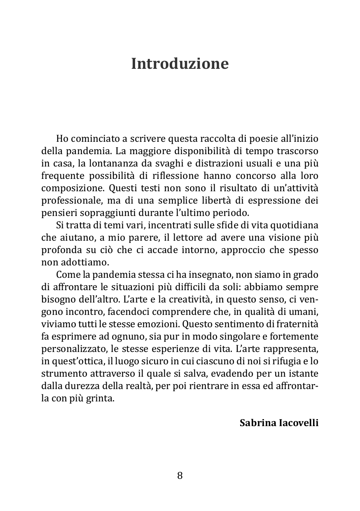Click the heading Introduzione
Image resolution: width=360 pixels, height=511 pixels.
(x=180, y=64)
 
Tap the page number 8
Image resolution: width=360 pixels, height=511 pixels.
(x=180, y=476)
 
